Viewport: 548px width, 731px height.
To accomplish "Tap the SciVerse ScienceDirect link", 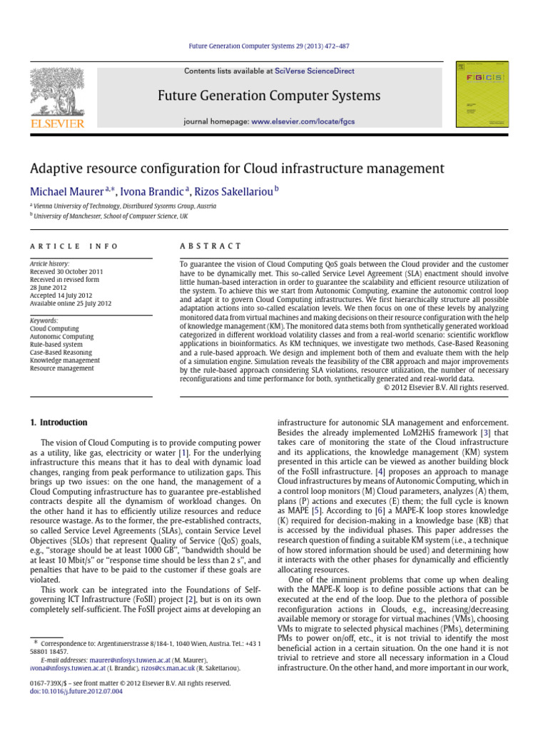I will click(318, 71).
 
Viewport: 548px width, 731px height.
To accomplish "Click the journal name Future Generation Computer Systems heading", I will click(273, 96).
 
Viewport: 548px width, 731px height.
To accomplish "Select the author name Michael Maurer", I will click(65, 191).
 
